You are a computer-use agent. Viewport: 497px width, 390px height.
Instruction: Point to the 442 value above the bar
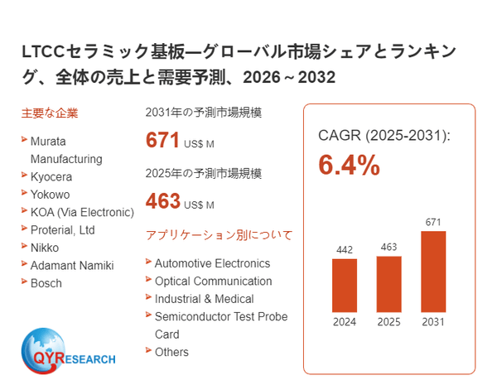[345, 249]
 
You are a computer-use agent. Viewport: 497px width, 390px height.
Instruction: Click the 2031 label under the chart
[432, 322]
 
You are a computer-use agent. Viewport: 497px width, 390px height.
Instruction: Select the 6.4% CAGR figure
[349, 166]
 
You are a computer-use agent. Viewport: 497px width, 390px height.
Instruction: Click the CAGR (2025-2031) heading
[384, 135]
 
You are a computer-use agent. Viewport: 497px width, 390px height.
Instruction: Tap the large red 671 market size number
[162, 140]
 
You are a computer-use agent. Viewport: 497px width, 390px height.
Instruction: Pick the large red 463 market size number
[162, 200]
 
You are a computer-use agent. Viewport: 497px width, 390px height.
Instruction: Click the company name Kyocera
[51, 176]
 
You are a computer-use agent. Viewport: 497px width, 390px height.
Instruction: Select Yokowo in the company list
[50, 194]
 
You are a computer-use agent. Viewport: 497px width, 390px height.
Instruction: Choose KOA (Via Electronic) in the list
[81, 212]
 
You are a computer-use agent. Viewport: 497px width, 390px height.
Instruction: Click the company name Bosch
[46, 282]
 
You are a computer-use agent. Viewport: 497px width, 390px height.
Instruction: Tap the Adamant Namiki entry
[72, 265]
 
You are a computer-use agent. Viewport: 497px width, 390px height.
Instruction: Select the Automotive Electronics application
[212, 263]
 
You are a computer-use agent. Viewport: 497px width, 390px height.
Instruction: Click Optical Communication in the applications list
[213, 281]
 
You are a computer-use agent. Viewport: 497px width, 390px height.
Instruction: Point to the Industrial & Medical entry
[204, 299]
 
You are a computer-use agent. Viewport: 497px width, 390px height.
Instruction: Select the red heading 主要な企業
[50, 113]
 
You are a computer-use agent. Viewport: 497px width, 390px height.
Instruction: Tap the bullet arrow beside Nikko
[24, 246]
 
